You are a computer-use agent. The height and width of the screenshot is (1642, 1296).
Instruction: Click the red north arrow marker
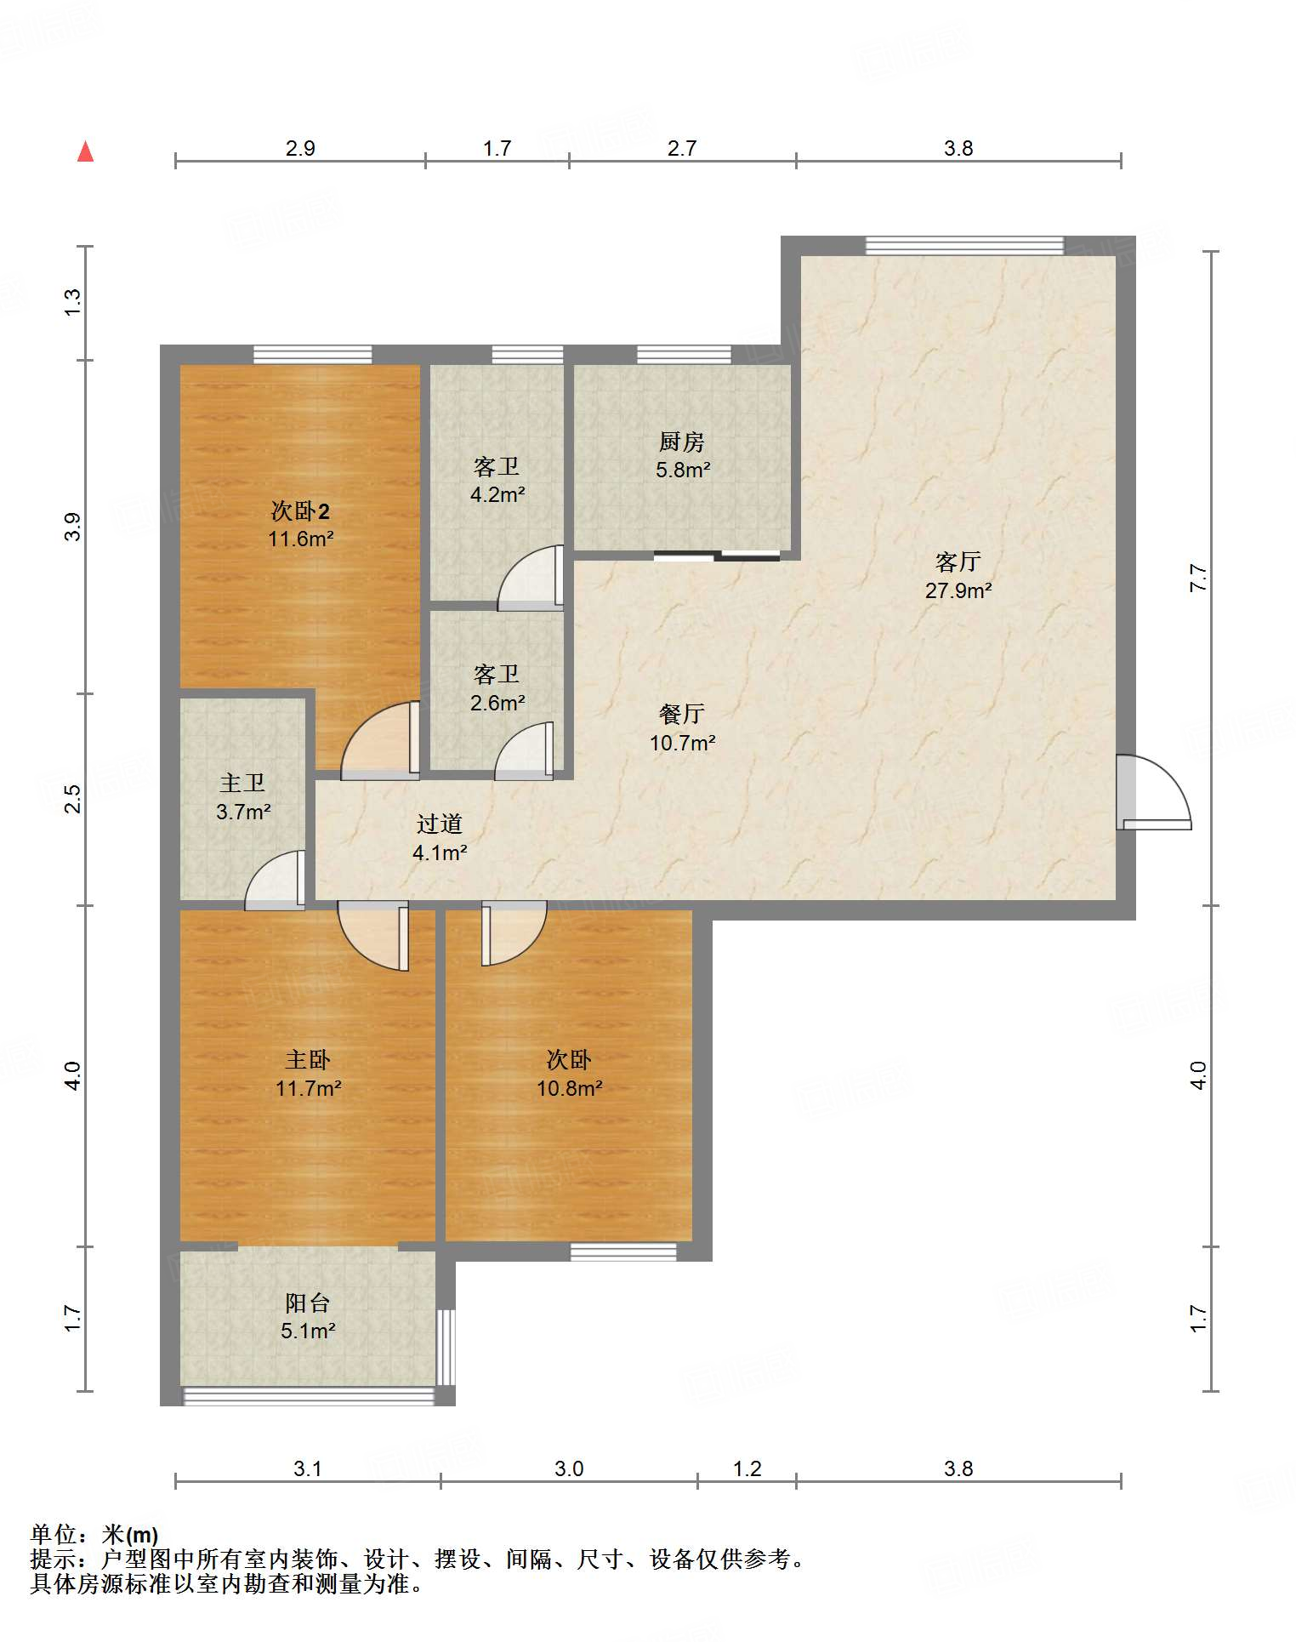pos(85,151)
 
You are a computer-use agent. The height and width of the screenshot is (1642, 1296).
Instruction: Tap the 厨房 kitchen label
pos(681,442)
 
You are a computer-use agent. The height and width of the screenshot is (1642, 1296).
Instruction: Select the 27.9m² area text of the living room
pos(958,590)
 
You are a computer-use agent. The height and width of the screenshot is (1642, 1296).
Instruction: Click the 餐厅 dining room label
pos(682,714)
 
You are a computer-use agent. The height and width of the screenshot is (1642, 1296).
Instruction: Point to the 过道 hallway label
pos(440,824)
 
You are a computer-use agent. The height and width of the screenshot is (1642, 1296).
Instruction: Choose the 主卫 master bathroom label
pos(243,783)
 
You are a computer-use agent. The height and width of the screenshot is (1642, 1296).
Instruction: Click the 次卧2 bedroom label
pos(300,510)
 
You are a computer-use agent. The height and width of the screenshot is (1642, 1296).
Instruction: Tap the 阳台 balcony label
pos(308,1303)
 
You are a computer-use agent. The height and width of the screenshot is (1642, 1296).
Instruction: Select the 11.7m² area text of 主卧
pos(308,1088)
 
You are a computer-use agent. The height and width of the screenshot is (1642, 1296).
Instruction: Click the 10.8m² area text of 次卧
pos(569,1088)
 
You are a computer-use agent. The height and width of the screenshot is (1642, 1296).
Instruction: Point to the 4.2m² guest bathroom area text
pos(497,494)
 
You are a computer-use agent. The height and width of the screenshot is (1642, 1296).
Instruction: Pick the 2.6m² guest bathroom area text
pos(497,703)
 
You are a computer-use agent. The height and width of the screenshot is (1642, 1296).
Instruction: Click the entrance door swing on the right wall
pos(1154,792)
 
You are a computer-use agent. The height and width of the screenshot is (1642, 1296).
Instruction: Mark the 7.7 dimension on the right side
pos(1198,579)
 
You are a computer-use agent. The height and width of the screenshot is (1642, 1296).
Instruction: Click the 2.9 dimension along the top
pos(300,148)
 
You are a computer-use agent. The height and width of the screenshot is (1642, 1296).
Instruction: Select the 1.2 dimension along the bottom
pos(747,1468)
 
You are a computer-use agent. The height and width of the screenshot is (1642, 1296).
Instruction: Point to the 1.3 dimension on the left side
pos(73,303)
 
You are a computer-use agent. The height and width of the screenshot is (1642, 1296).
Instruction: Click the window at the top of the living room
pos(964,246)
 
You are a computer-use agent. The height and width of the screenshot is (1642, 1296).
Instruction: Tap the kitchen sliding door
pos(717,556)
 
